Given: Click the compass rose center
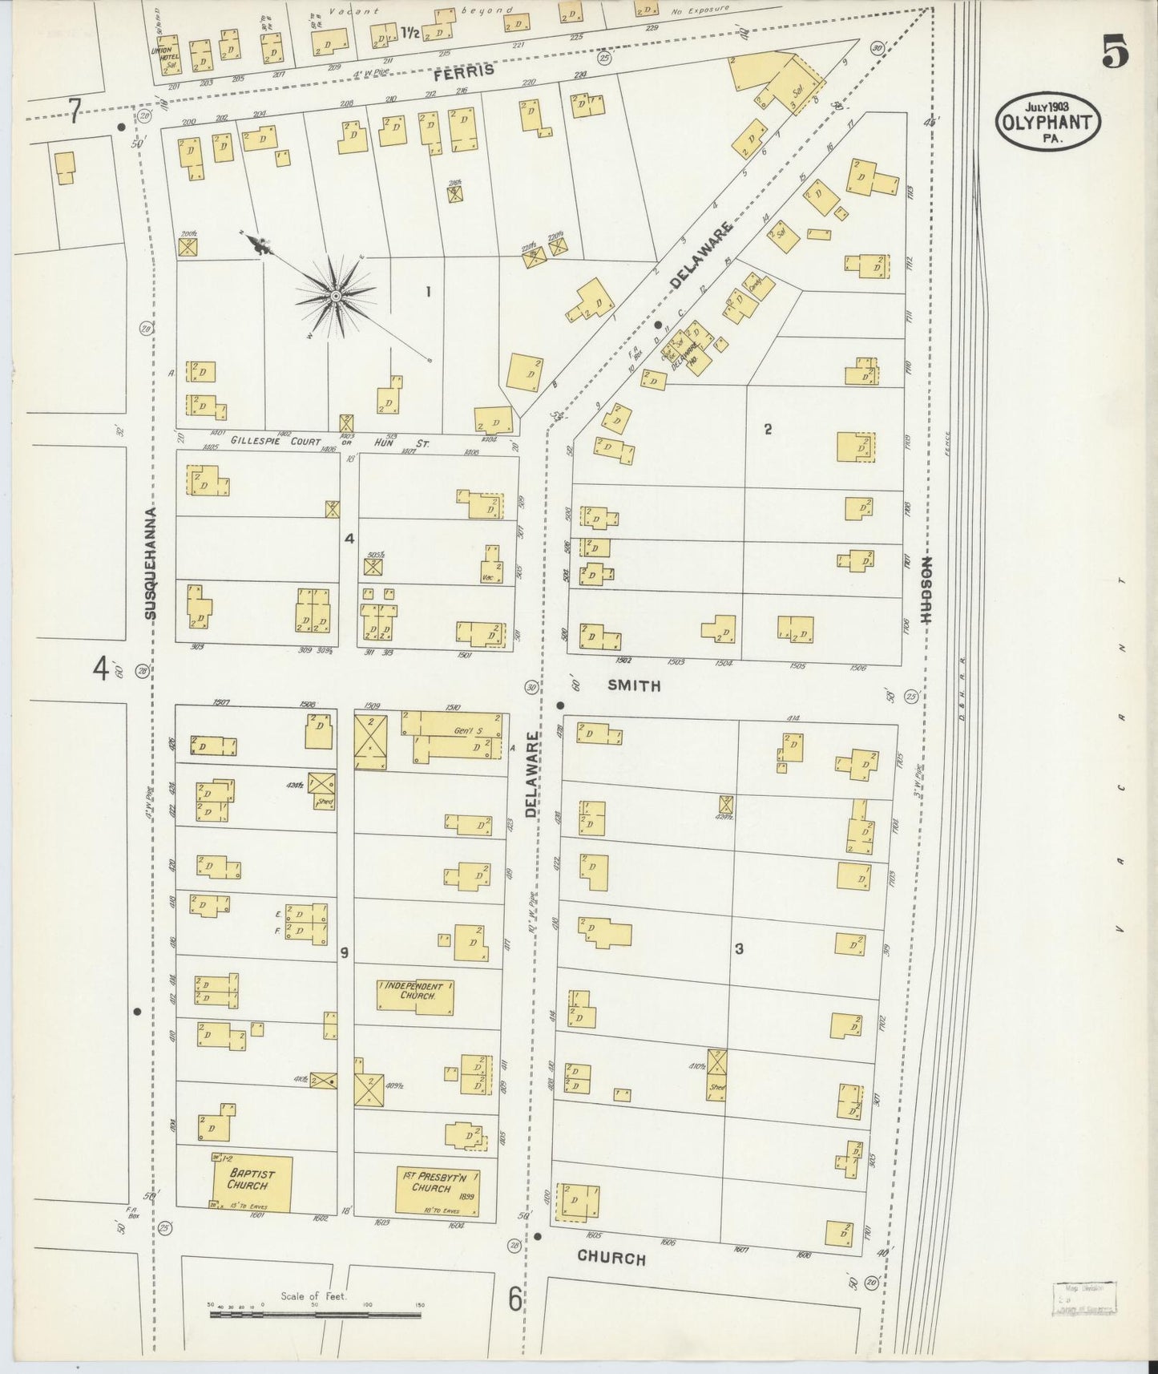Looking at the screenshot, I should pos(336,297).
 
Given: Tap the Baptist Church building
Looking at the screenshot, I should pos(251,1183).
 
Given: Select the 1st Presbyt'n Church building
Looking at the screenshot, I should pos(438,1192).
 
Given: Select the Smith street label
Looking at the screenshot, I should pos(633,685).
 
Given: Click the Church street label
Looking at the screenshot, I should pos(611,1258).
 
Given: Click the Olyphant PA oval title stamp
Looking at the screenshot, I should pos(1047,120).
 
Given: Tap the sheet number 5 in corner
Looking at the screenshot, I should pos(1115,53).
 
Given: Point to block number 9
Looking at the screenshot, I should pos(344,952).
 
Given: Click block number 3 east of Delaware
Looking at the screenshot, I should pos(738,949).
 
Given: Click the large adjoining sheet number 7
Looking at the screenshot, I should pos(75,111).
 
